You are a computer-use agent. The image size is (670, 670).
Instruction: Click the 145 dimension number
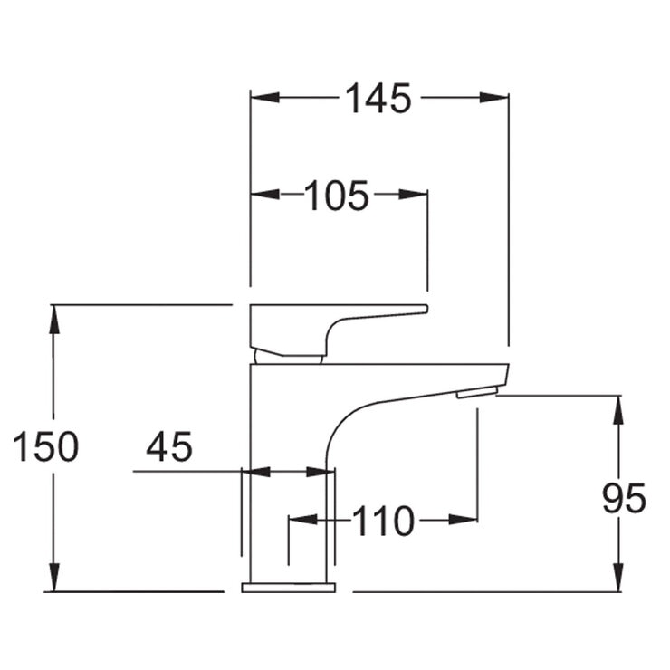(378, 98)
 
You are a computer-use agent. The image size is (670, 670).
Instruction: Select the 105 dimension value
(337, 195)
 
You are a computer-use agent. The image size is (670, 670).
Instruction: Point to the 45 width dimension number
(169, 447)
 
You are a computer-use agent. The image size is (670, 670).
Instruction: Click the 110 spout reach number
(383, 522)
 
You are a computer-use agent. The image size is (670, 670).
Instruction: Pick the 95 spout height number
(624, 499)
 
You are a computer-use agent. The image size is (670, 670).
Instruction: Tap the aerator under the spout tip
(477, 392)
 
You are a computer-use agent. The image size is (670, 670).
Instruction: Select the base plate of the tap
(288, 588)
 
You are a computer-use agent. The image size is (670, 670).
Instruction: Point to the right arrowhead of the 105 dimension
(414, 194)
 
